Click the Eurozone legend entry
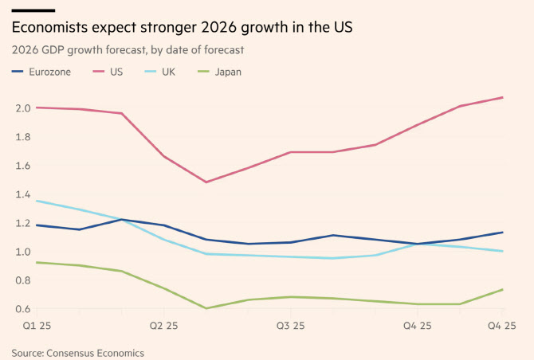(44, 72)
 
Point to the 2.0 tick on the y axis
(22, 108)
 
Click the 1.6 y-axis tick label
(22, 166)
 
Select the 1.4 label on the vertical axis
(22, 194)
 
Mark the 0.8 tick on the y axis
(22, 280)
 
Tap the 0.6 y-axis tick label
(22, 309)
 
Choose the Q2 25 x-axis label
(164, 327)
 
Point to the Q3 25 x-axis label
(291, 327)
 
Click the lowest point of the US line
(206, 182)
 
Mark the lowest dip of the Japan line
(206, 308)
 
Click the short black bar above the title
(33, 10)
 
